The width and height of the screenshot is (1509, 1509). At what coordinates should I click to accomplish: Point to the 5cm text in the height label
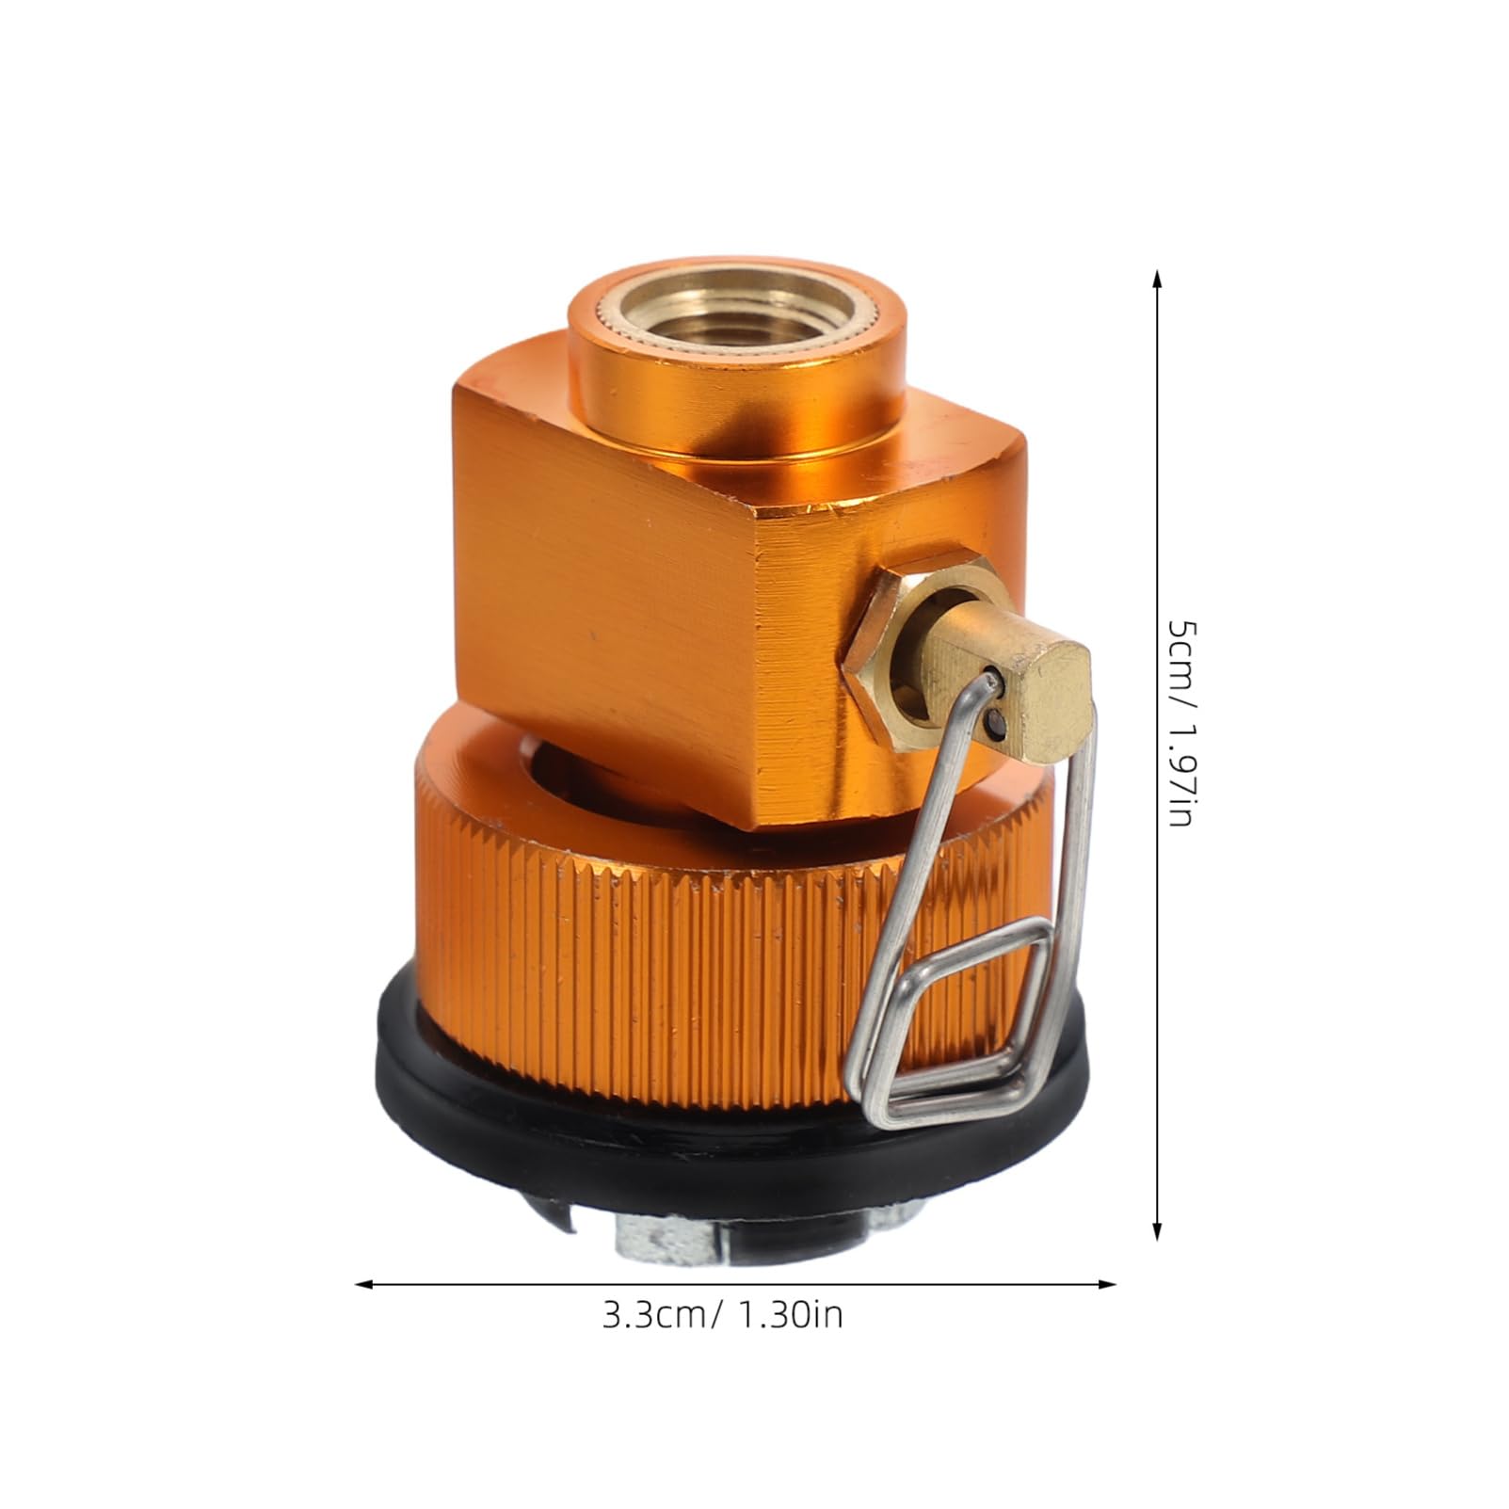click(1180, 650)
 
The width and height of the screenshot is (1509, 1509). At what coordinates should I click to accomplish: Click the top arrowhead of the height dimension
click(1157, 279)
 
